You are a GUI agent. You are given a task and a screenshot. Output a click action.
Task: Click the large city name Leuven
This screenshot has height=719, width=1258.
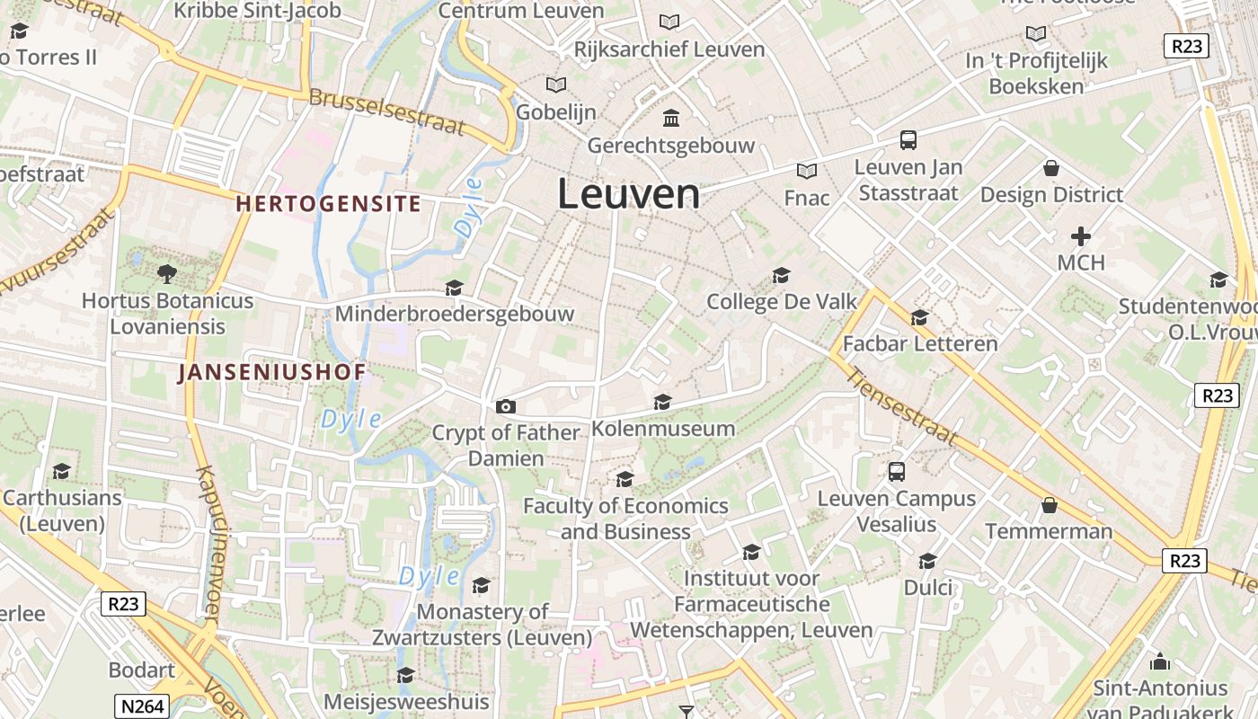pos(628,194)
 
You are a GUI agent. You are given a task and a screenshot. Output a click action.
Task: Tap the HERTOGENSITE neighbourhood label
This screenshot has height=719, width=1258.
pos(328,204)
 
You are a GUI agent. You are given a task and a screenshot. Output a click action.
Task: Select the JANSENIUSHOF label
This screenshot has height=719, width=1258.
pos(271,372)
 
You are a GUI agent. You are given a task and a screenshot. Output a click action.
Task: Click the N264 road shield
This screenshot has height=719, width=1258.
pos(142,706)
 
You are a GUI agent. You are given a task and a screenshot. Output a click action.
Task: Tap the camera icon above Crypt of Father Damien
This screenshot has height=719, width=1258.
pos(506,407)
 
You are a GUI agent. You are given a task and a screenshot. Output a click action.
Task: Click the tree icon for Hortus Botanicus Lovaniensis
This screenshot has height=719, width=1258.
pos(166,273)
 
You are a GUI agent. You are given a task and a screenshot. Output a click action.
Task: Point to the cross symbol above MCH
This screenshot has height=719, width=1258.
pos(1080,236)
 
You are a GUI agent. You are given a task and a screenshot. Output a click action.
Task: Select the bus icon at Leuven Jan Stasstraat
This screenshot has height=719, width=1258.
pos(908,140)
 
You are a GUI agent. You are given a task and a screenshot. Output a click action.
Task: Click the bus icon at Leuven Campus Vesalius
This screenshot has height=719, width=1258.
pos(896,472)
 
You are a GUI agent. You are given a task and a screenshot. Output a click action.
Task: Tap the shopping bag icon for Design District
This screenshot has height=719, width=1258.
pos(1050,168)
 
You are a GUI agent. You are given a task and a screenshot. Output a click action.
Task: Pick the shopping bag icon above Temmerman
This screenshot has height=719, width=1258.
pos(1049,505)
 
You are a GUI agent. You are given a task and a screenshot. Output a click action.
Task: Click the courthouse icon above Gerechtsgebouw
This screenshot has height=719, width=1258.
pos(670,118)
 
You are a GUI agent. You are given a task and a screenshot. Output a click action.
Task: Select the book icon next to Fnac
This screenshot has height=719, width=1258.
pos(806,171)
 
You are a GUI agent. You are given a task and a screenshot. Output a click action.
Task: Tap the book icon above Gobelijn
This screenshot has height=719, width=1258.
pos(556,84)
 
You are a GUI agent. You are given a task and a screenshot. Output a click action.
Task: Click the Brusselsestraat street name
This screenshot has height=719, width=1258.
pos(387,113)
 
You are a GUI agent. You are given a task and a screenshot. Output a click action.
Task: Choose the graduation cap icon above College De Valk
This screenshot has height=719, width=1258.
pos(781,275)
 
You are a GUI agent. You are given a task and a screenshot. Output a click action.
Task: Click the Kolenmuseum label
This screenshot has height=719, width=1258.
pos(663,429)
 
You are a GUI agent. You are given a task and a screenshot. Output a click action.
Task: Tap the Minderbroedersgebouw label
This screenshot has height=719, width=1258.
pos(454,314)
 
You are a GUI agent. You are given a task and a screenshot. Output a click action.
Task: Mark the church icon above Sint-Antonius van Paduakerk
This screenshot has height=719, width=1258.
pos(1160,662)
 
